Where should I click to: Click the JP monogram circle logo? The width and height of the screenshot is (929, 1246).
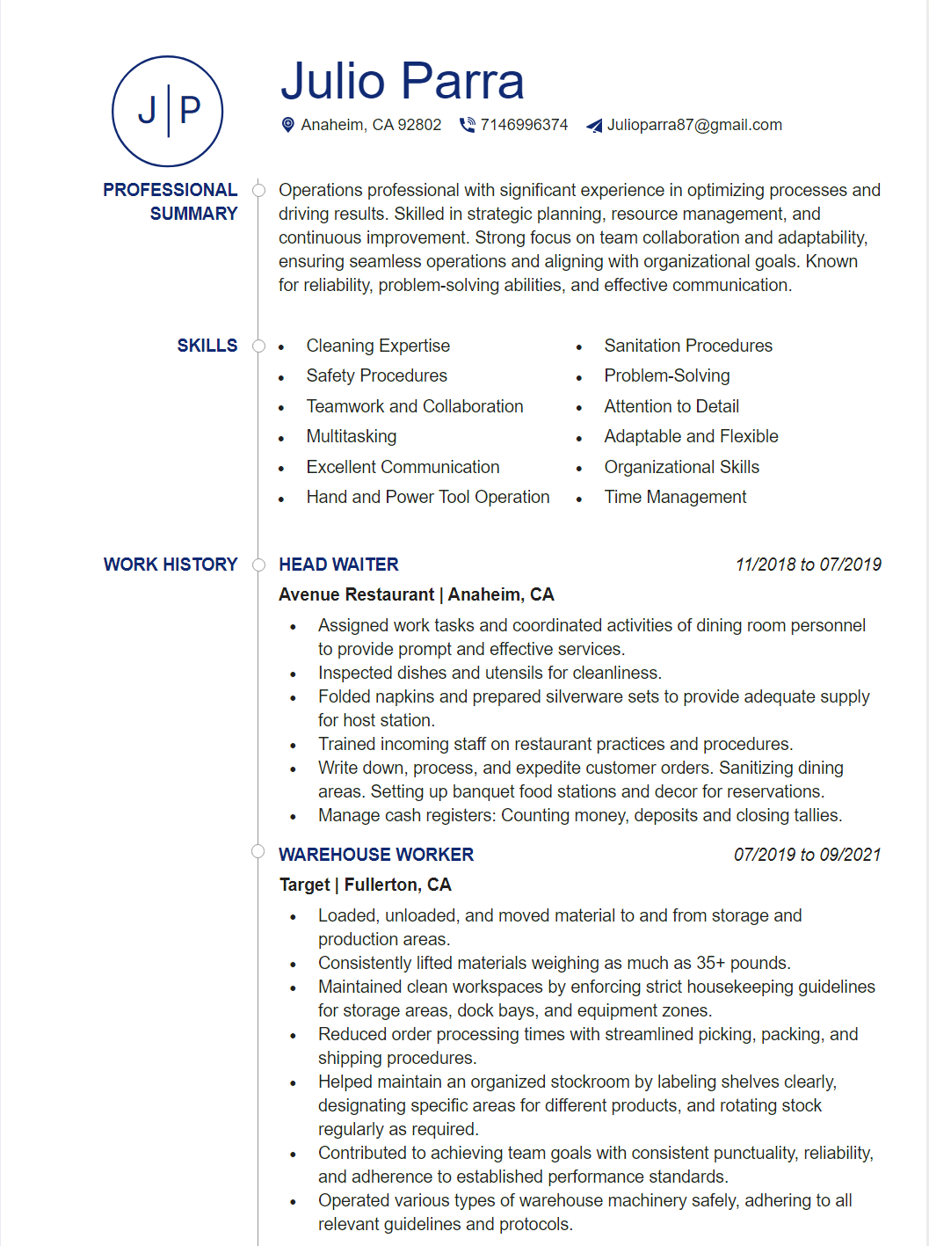[168, 112]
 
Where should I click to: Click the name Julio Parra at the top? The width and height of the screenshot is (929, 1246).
[402, 81]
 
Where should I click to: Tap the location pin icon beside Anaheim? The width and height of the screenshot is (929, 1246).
[287, 125]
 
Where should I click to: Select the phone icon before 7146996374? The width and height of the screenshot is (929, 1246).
[467, 125]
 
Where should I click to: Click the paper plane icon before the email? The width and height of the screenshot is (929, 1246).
[595, 126]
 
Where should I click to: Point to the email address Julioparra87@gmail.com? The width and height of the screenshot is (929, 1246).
[694, 125]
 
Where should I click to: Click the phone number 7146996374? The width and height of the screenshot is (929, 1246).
[524, 125]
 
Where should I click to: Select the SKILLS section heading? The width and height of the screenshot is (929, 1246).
[207, 346]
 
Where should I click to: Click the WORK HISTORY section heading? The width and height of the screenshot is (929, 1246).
[171, 565]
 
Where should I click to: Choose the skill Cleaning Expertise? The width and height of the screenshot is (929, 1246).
[378, 346]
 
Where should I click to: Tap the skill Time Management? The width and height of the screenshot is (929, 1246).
[675, 497]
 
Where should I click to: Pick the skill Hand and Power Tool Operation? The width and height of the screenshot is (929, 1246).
[428, 497]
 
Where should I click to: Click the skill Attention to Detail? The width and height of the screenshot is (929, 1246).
[671, 406]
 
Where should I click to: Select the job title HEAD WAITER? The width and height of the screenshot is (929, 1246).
[338, 565]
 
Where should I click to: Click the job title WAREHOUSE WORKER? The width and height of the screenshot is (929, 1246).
[376, 855]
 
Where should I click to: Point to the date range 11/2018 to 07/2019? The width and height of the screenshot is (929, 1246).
[808, 565]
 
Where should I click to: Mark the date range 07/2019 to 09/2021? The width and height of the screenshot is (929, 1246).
[807, 855]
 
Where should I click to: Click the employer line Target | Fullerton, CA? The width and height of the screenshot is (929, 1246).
[365, 885]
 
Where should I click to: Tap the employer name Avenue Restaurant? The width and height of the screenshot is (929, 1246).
[356, 594]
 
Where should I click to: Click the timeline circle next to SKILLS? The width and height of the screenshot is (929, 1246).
[258, 346]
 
